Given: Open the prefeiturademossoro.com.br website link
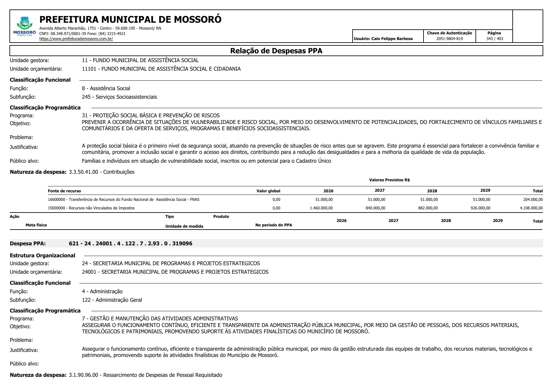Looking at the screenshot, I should click(76, 39).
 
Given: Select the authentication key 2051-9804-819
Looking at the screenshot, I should click(449, 39).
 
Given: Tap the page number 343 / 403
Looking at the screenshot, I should click(494, 39).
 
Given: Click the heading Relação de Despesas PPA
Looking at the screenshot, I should click(276, 51).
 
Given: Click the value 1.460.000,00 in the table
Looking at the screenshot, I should click(321, 208).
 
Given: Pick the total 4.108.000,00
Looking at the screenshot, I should click(531, 208).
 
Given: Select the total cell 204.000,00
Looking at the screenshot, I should click(533, 200).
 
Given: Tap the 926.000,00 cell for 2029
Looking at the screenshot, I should click(480, 208).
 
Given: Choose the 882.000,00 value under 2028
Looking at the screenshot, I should click(428, 208).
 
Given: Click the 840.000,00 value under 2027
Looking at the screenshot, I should click(375, 208).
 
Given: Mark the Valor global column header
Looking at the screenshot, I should click(268, 191).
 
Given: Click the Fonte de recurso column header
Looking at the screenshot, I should click(64, 191).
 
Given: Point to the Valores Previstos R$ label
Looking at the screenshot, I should click(389, 180).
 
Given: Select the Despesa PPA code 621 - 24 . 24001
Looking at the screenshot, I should click(130, 243).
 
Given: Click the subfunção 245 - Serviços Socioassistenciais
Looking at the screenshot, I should click(119, 97).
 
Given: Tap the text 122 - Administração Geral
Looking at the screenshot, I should click(112, 300).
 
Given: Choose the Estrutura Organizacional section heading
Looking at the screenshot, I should click(43, 255).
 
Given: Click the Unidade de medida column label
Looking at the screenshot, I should click(184, 226).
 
